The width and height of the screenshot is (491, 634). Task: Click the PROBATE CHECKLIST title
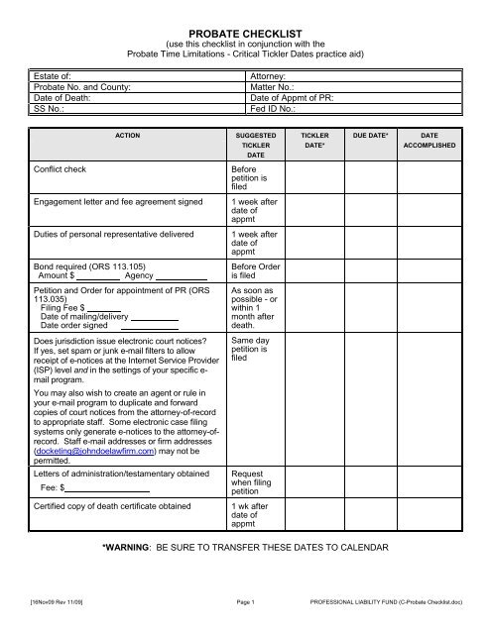245,33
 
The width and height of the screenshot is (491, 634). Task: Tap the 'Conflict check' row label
61,169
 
